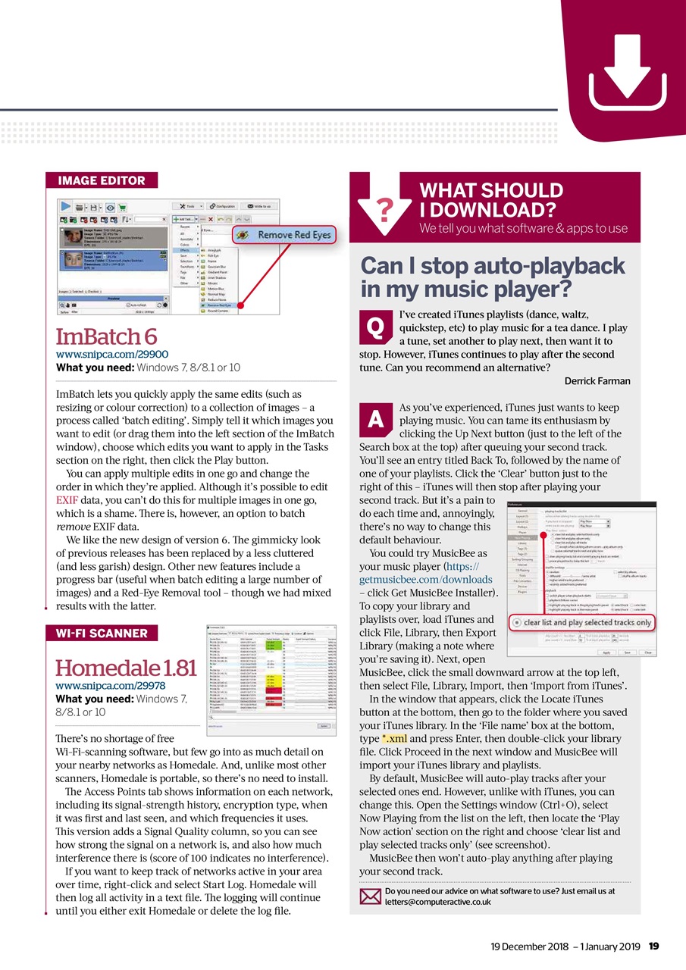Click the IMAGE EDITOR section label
click(x=102, y=180)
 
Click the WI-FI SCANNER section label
click(x=102, y=633)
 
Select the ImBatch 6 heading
click(x=108, y=336)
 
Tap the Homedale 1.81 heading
click(x=126, y=668)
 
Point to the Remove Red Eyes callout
click(x=285, y=235)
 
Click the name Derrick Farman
click(x=597, y=381)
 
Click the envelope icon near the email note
click(x=369, y=896)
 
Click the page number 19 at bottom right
click(x=653, y=945)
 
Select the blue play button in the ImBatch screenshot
click(x=65, y=205)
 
